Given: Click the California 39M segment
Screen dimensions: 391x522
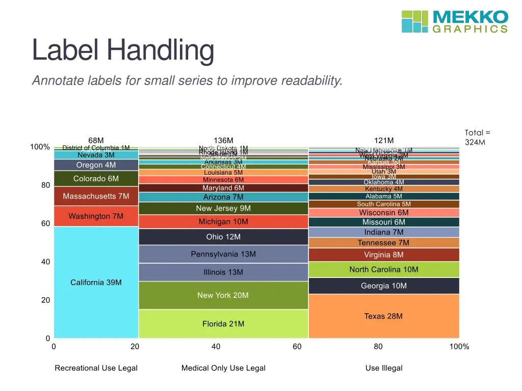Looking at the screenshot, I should click(96, 283).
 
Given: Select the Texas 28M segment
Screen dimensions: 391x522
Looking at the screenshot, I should click(383, 316).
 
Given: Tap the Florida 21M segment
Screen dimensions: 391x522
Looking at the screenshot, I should click(223, 324).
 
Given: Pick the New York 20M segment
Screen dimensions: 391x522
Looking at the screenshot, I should click(223, 295).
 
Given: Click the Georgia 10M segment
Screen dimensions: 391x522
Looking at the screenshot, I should click(383, 286).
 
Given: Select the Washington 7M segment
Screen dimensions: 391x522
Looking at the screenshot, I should click(96, 216).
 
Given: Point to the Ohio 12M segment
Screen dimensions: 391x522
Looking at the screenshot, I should click(223, 237).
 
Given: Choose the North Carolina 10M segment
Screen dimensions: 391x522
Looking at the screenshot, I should click(383, 269).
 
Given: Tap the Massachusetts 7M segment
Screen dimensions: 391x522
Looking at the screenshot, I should click(96, 196).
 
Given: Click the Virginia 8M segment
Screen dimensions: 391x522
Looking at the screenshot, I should click(383, 255).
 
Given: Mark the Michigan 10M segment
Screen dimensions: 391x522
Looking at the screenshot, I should click(223, 221).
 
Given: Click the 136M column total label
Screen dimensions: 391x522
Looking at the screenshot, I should click(223, 141).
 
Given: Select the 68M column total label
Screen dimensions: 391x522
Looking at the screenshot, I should click(96, 141).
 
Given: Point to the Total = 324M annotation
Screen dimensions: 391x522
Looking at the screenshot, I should click(477, 137).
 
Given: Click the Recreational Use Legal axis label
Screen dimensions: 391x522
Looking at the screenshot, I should click(96, 368).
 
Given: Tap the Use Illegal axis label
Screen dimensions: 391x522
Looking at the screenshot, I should click(383, 368).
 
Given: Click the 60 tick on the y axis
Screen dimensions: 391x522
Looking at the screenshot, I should click(45, 224).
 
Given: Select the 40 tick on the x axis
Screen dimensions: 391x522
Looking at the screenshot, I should click(216, 347).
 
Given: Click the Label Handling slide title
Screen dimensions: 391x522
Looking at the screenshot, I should click(123, 50).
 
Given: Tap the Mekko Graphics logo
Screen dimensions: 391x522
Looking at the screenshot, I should click(455, 21).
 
